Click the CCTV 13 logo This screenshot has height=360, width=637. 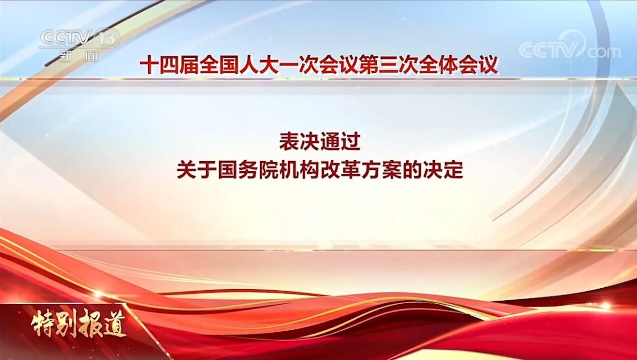80,38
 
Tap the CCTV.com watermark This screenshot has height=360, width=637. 569,49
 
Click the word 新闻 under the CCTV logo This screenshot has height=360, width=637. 79,56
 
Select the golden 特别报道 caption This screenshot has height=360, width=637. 79,326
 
